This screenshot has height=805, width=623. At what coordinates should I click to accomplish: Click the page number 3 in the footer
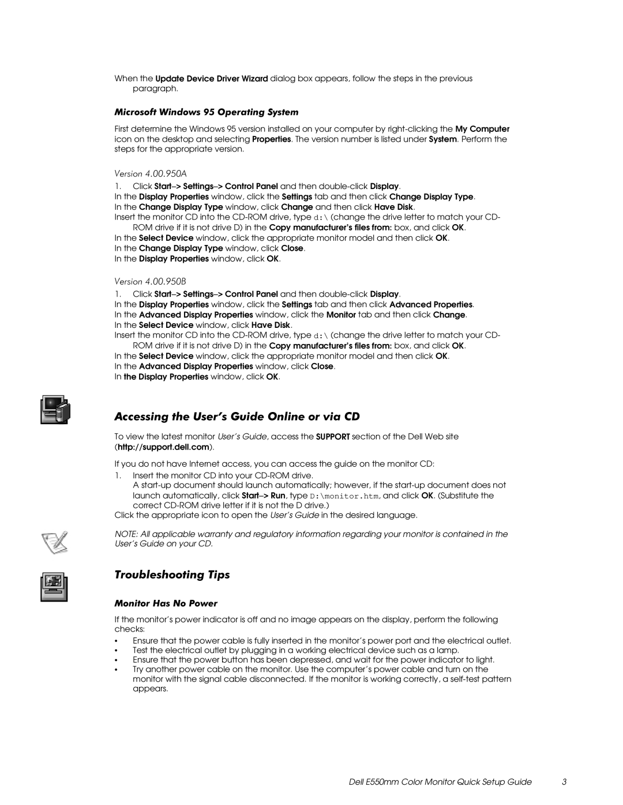[564, 781]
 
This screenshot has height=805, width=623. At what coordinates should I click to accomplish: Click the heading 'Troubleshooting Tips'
[172, 575]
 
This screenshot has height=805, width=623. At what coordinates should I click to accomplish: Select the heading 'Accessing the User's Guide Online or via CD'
[238, 416]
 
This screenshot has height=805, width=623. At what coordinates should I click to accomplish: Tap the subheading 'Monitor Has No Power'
[166, 603]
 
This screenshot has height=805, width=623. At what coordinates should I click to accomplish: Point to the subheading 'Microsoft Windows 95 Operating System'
[207, 111]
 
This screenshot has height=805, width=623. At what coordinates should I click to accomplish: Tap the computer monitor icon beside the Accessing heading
[55, 410]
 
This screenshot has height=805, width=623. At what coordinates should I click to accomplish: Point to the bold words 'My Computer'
[482, 129]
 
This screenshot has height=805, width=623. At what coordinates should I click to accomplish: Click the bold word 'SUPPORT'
[333, 437]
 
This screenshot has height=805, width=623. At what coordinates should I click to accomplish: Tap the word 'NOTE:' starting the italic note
[125, 534]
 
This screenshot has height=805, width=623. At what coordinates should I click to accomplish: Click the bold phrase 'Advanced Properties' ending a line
[431, 304]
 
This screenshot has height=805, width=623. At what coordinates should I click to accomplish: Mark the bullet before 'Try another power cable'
[117, 670]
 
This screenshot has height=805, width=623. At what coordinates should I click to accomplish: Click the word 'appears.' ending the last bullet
[151, 689]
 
